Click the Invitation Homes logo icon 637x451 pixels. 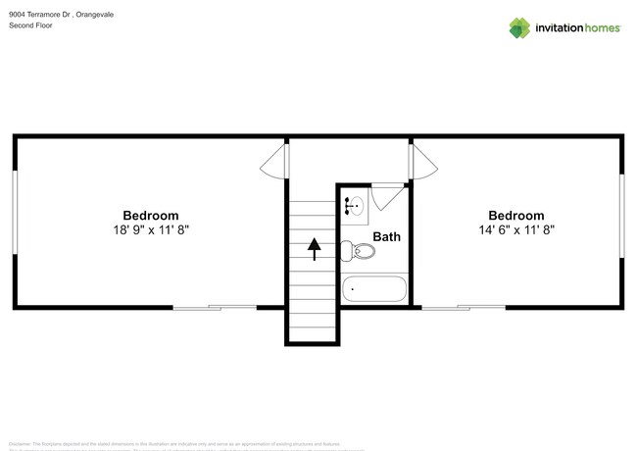point(519,28)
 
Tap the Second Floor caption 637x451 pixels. point(31,25)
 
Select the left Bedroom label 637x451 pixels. point(150,216)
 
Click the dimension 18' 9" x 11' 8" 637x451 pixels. point(150,229)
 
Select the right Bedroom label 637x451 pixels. point(515,216)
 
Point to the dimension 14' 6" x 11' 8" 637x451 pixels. point(515,229)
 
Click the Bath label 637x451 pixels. point(386,236)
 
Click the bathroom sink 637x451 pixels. point(354,206)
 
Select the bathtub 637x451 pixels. point(373,289)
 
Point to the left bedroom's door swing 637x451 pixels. point(275,162)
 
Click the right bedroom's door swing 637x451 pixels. point(421,162)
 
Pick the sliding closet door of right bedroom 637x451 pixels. point(464,308)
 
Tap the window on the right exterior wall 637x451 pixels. point(621,216)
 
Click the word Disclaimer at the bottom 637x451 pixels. point(21,443)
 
